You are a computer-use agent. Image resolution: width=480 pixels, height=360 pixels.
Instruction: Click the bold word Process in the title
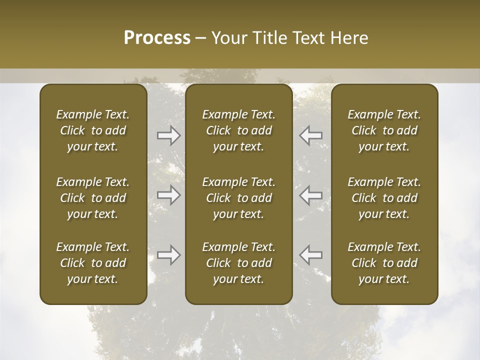157,37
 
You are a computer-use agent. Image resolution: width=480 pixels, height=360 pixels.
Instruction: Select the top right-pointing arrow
169,135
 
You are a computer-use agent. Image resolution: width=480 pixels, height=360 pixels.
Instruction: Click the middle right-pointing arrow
169,195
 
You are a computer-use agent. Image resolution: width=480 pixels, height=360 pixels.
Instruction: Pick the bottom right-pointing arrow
169,255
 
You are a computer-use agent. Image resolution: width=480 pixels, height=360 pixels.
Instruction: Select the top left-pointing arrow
311,135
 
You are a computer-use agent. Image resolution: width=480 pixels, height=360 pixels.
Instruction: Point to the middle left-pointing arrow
311,195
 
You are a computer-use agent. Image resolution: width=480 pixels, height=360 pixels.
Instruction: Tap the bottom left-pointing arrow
311,255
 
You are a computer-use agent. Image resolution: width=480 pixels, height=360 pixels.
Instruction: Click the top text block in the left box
93,130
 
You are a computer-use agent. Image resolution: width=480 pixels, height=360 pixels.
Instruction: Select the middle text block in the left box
93,198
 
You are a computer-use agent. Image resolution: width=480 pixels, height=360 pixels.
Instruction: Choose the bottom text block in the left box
93,263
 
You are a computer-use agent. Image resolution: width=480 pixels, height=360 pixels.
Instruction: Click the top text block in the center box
239,130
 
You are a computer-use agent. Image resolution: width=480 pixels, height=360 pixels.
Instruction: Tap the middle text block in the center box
239,198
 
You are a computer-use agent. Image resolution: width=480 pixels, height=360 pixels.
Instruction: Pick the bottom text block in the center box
239,263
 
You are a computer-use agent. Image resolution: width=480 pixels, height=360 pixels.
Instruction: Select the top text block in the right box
384,130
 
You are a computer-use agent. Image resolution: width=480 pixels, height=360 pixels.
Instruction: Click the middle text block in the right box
384,198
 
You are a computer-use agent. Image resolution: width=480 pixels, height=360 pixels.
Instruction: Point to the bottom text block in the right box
384,263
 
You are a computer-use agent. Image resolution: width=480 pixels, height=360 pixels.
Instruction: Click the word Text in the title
309,37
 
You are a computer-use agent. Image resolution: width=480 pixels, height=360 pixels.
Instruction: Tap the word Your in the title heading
228,37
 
